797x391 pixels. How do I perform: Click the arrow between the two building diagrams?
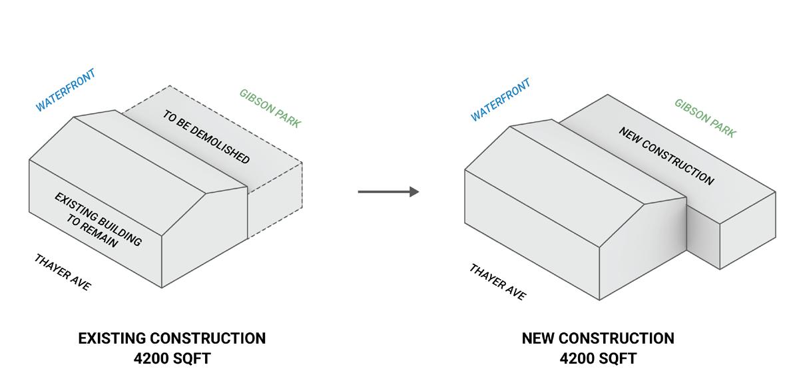[388, 192]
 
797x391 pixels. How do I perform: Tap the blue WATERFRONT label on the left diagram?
[65, 90]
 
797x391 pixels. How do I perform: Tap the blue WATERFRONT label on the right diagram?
[501, 100]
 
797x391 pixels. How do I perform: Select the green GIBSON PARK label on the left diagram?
[270, 108]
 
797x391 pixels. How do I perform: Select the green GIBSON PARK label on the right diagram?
[705, 119]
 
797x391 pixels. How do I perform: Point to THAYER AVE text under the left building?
[63, 272]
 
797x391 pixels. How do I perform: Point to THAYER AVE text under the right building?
[497, 282]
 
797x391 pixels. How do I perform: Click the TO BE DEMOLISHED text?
[206, 137]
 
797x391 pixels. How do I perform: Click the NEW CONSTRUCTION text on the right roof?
[666, 156]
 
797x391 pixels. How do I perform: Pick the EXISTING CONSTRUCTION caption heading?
[172, 338]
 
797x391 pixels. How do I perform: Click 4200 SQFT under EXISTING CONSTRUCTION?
[172, 358]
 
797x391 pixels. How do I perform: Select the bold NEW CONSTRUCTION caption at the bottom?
[598, 338]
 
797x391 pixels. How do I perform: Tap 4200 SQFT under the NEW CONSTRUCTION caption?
[598, 358]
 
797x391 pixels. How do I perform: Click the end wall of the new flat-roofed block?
[748, 230]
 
